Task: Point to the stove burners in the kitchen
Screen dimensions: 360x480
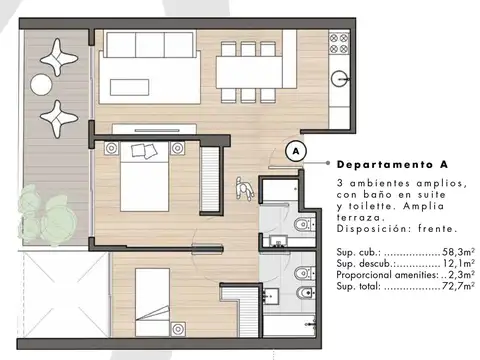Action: coord(341,42)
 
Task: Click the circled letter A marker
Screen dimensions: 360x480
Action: coord(295,151)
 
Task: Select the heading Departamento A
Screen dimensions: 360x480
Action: coord(391,164)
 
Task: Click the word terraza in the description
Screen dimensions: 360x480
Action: coord(361,217)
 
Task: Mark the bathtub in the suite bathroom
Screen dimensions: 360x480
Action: coord(279,196)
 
